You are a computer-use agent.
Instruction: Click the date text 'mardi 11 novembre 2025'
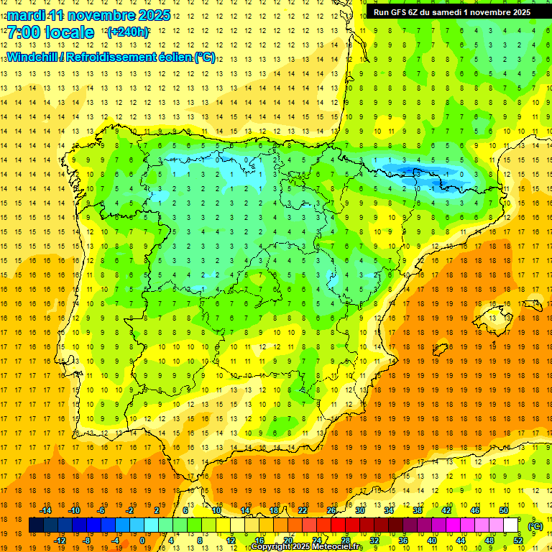88,15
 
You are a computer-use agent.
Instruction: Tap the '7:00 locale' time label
50,32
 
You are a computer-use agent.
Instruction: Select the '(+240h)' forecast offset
128,32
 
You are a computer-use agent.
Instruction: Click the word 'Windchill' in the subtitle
33,57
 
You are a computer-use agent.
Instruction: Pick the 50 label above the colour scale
503,510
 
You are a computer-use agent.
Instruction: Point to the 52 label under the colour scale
518,540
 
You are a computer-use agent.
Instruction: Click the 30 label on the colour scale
360,510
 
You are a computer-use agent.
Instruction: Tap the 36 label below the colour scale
403,540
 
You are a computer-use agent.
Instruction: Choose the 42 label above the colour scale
446,510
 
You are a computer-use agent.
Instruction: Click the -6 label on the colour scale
102,510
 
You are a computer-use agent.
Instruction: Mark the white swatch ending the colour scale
511,525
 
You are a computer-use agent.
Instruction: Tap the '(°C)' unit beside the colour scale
535,525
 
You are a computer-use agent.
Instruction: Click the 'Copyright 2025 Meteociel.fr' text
307,547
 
